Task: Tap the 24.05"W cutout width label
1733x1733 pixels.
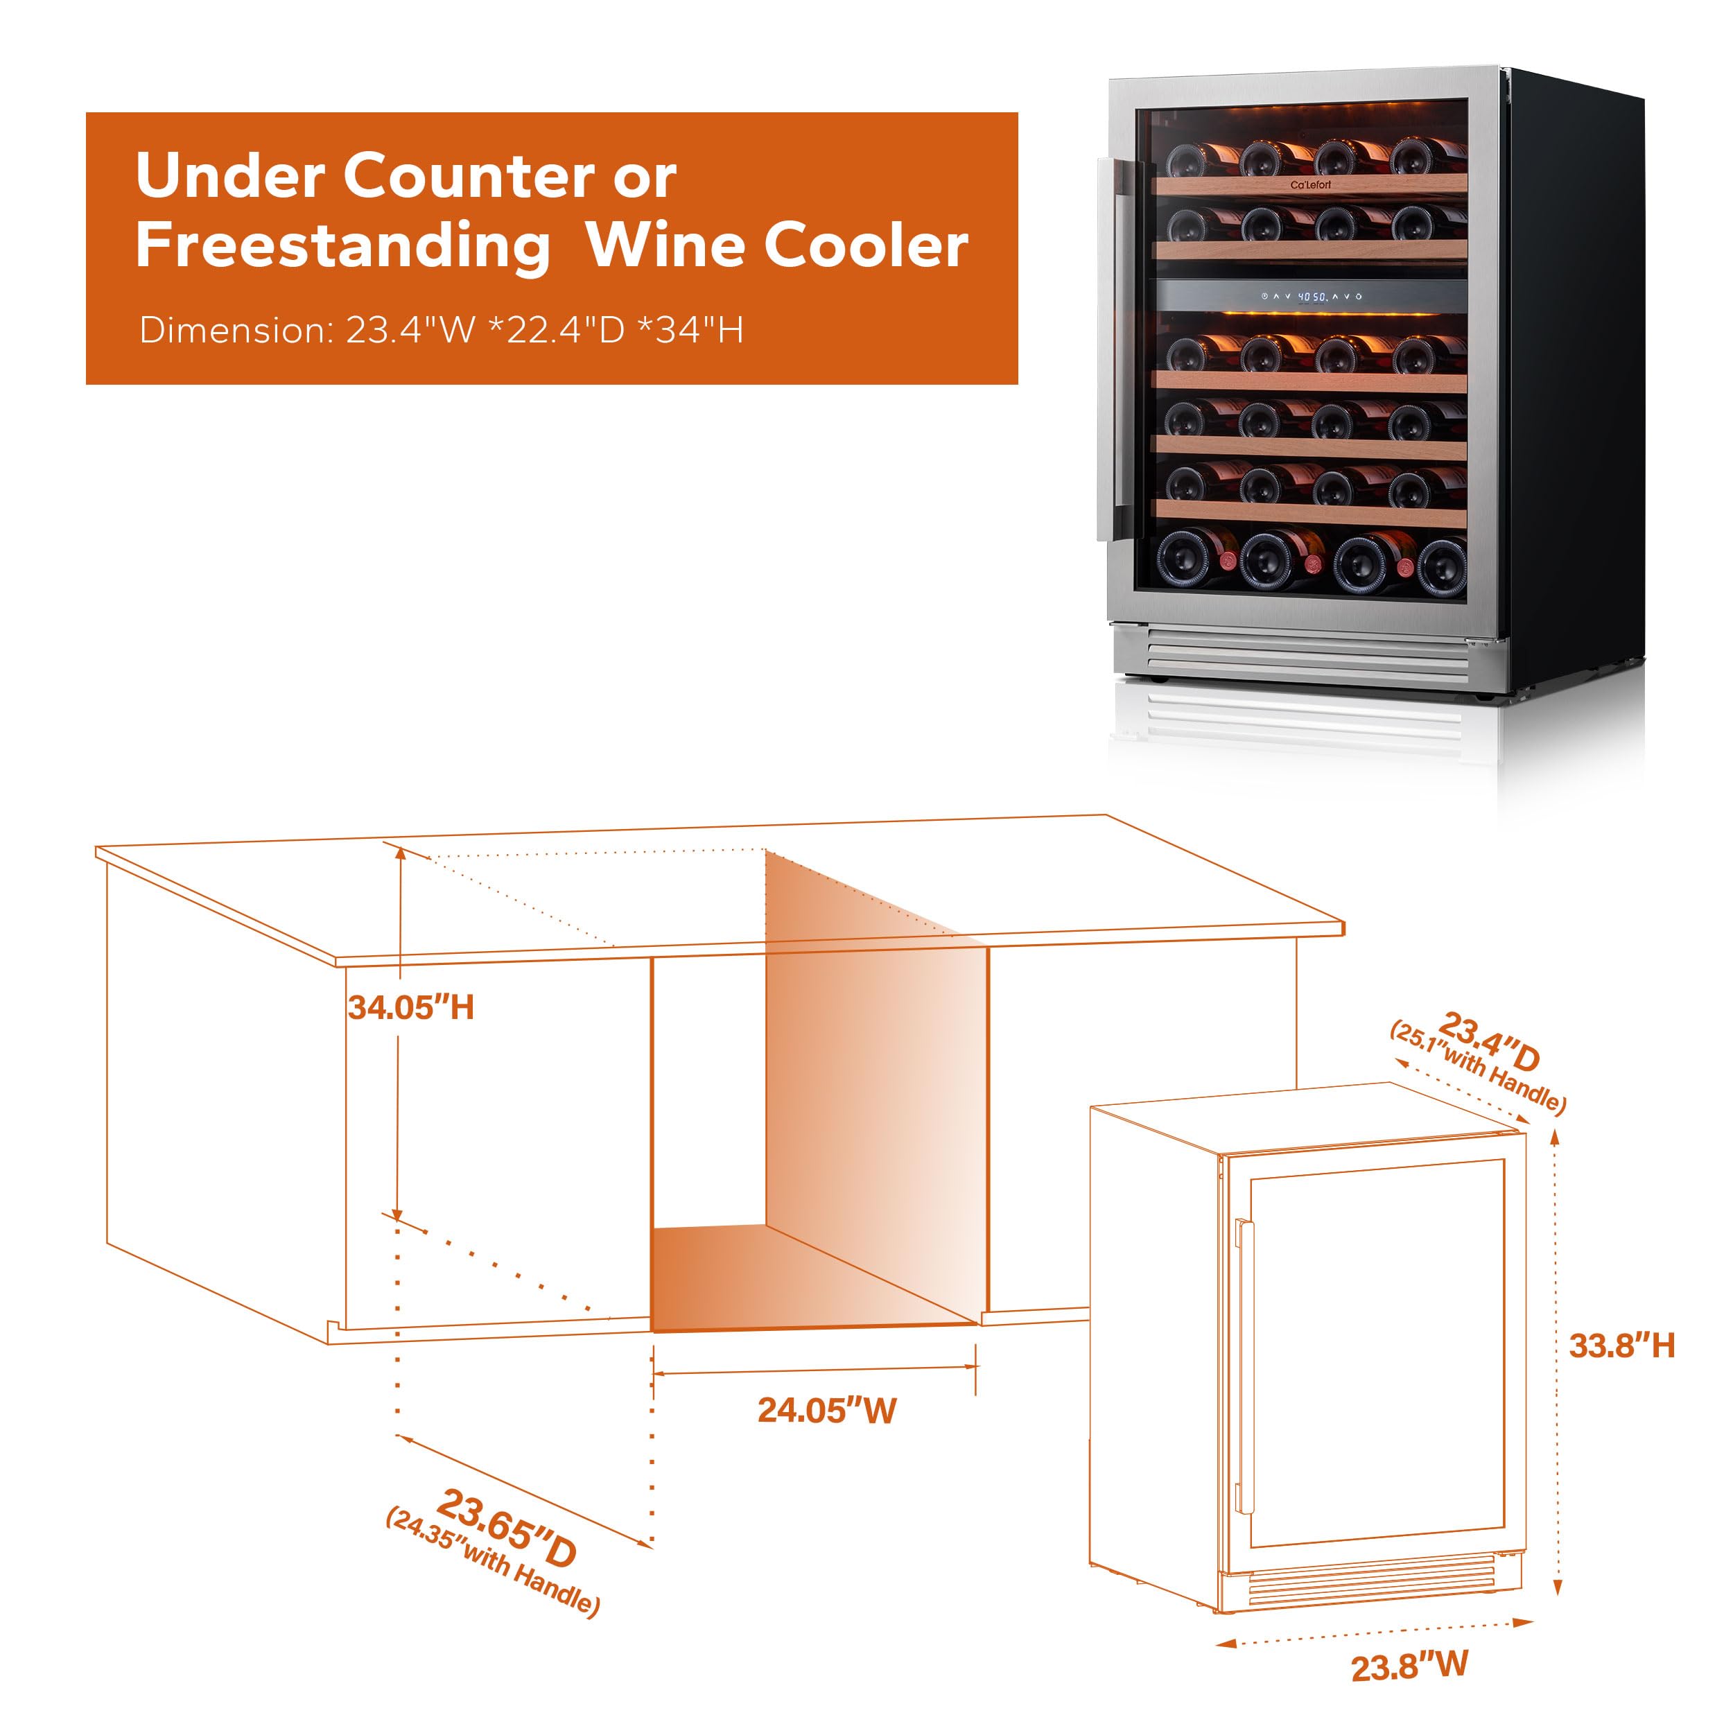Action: (826, 1411)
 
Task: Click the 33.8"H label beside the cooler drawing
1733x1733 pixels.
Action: (1622, 1346)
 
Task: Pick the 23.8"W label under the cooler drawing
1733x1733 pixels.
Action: (1409, 1666)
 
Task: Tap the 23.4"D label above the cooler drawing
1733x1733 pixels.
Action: (1489, 1040)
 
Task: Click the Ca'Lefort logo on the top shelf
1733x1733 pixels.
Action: (1311, 185)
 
